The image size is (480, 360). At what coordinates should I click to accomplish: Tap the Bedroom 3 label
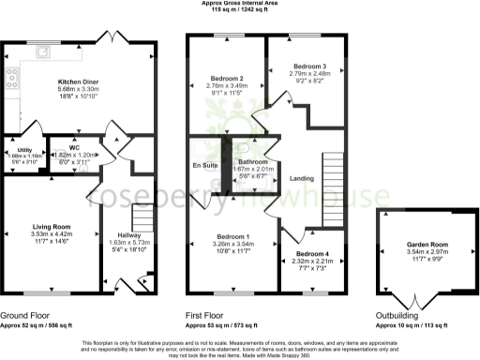click(309, 67)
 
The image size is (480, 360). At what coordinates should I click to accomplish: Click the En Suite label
click(204, 165)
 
